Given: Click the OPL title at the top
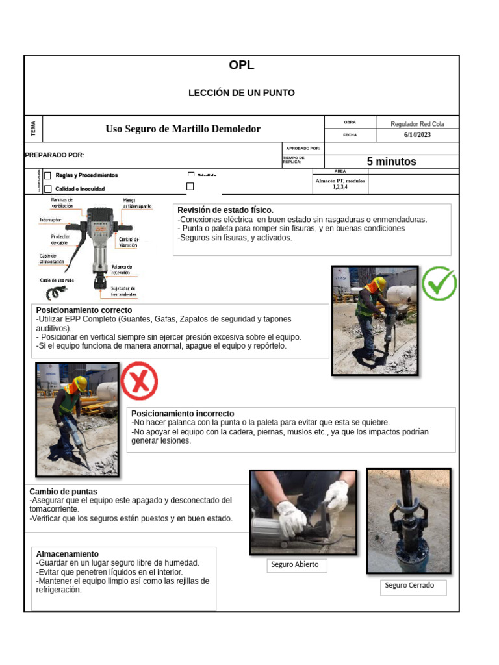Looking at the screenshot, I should tap(241, 66).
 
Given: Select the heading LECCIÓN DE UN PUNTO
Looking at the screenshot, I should tap(241, 93).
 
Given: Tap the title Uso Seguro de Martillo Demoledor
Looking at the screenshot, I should tap(183, 129).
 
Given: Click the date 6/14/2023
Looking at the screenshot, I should tap(416, 135).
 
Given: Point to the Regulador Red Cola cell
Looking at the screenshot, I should tap(416, 123).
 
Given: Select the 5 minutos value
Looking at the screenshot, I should tap(391, 162).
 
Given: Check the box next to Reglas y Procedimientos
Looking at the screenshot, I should tap(48, 175).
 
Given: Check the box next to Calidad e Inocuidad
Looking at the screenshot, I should tap(48, 189).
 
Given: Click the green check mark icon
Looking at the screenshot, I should tap(439, 284).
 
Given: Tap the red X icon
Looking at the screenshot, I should tap(139, 381).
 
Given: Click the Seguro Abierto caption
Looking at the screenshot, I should tap(295, 564).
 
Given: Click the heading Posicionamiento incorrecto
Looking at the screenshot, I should tap(183, 414).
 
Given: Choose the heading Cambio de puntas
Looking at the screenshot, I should tap(64, 492).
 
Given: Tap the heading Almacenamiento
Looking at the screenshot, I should tap(68, 554).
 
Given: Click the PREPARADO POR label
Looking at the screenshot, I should tap(55, 155).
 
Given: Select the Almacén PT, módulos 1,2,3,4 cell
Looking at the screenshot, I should tap(340, 184).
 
